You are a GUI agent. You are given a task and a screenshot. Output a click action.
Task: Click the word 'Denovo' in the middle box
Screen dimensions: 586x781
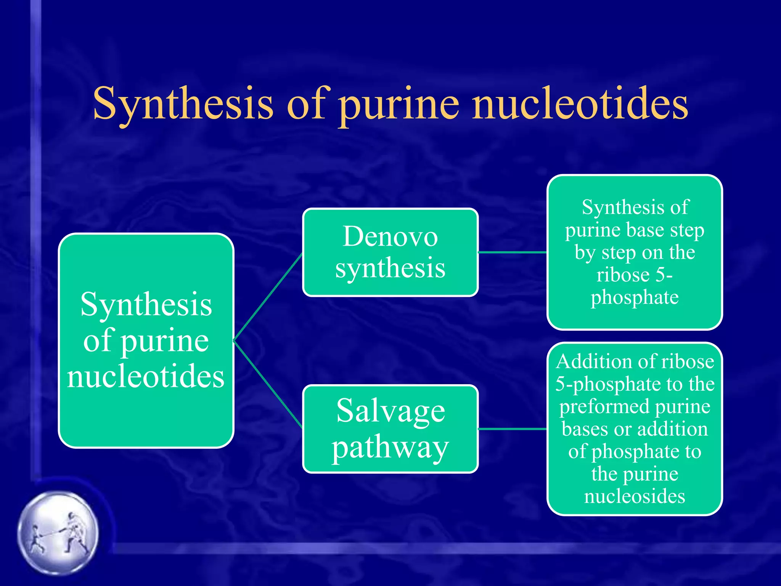390,237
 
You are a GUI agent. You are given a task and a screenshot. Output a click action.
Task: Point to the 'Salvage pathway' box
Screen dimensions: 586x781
390,429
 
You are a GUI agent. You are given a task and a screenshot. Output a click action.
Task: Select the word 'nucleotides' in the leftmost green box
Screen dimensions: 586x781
146,376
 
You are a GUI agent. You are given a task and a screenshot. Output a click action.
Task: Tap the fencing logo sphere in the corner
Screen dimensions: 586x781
58,532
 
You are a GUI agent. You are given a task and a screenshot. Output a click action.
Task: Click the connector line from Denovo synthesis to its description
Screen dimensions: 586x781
513,252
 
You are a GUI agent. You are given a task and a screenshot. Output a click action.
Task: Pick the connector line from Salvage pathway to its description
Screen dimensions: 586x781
513,429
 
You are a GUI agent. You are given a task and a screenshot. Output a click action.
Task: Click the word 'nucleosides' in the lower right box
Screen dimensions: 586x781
635,496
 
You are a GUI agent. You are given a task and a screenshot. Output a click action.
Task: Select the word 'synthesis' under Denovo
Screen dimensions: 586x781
390,268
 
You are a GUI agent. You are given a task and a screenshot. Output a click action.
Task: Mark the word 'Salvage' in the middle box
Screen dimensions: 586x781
390,411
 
